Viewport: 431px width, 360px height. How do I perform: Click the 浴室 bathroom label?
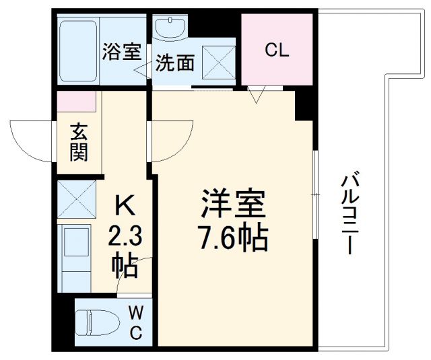(121, 52)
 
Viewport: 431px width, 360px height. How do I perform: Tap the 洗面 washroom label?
(175, 63)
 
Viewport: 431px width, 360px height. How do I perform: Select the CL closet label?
(277, 50)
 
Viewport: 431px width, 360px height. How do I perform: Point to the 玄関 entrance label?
(79, 142)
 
